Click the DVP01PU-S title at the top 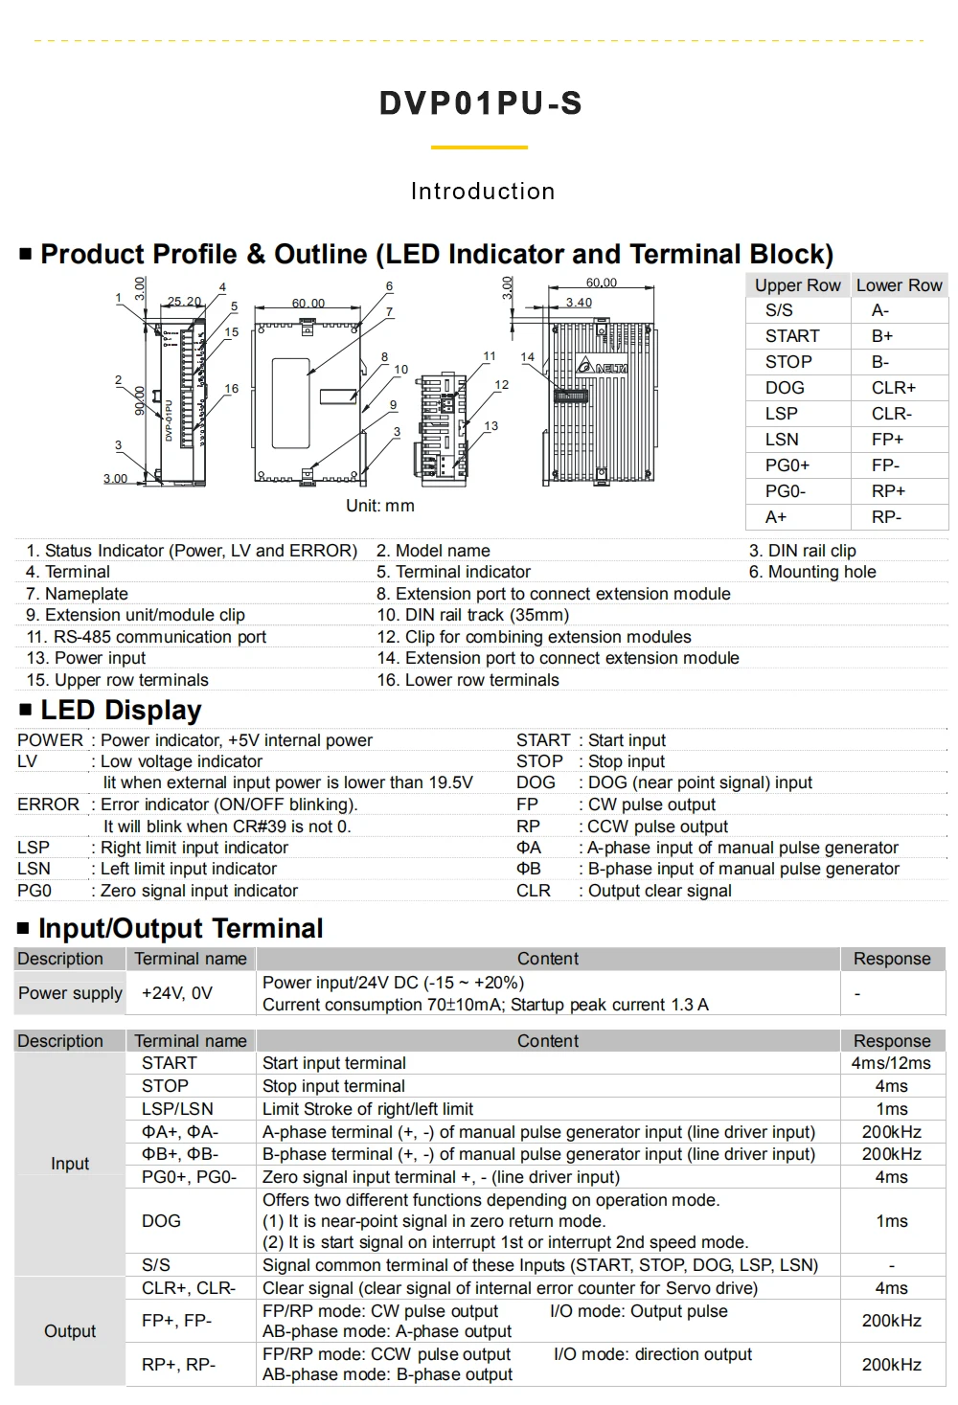tap(481, 103)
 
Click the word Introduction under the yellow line tap(483, 192)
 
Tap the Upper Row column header tap(797, 285)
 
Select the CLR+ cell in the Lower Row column tap(893, 388)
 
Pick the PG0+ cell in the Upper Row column tap(787, 465)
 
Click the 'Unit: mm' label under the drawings tap(380, 506)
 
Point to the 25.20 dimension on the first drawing tap(185, 301)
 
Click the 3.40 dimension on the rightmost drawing tap(579, 303)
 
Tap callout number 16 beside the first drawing tap(231, 389)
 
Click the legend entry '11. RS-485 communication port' tap(147, 637)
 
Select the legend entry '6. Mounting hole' tap(812, 572)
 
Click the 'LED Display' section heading tap(121, 711)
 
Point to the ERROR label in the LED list tap(48, 804)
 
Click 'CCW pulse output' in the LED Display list tap(657, 827)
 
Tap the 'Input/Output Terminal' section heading tap(180, 928)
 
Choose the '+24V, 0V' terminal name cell tap(177, 993)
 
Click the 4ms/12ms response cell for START tap(891, 1063)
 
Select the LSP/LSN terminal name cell tap(177, 1109)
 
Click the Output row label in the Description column tap(70, 1331)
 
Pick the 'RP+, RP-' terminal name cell tap(178, 1365)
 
